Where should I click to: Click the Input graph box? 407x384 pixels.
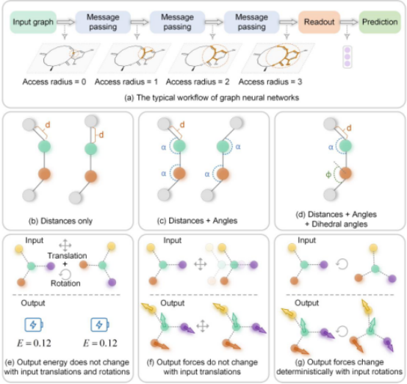pyautogui.click(x=33, y=22)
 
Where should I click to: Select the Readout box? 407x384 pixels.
pyautogui.click(x=319, y=22)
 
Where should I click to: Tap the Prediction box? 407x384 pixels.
pyautogui.click(x=380, y=22)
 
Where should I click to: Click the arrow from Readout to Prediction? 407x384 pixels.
pyautogui.click(x=349, y=22)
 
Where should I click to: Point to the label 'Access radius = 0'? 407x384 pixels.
pyautogui.click(x=54, y=81)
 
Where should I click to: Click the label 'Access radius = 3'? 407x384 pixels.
pyautogui.click(x=270, y=81)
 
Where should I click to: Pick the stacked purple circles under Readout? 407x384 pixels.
pyautogui.click(x=347, y=57)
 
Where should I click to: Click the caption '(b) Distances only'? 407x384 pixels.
pyautogui.click(x=60, y=221)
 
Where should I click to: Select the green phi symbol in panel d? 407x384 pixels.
pyautogui.click(x=328, y=175)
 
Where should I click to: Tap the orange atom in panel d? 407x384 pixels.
pyautogui.click(x=345, y=173)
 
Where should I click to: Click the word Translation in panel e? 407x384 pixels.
pyautogui.click(x=68, y=256)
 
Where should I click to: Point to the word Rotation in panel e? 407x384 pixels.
pyautogui.click(x=65, y=283)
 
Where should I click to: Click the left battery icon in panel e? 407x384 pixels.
pyautogui.click(x=34, y=325)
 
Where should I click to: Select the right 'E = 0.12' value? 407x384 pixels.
pyautogui.click(x=100, y=344)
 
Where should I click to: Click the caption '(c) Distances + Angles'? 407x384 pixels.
pyautogui.click(x=198, y=220)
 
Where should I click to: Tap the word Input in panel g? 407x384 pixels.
pyautogui.click(x=306, y=240)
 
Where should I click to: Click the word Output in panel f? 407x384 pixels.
pyautogui.click(x=173, y=303)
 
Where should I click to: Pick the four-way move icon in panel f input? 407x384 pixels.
pyautogui.click(x=201, y=264)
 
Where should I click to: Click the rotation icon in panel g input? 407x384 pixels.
pyautogui.click(x=342, y=264)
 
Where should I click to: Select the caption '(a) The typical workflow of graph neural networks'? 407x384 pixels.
pyautogui.click(x=212, y=98)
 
